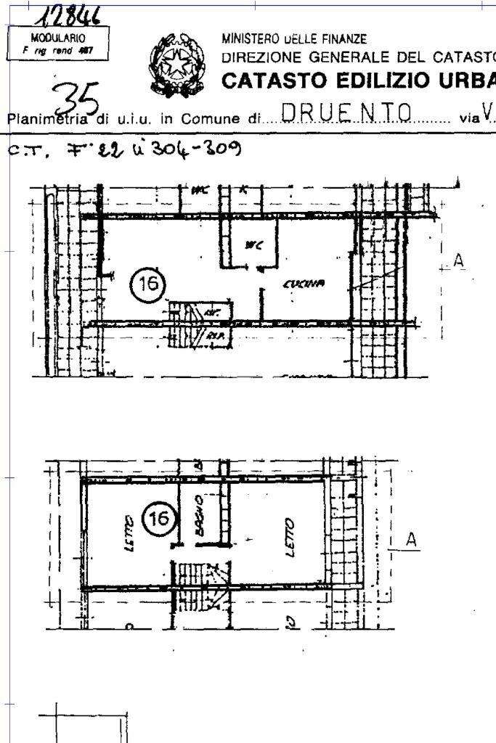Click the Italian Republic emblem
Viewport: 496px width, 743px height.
click(178, 65)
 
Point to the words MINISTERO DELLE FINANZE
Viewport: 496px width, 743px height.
click(294, 38)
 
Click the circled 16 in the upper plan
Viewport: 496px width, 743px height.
click(147, 284)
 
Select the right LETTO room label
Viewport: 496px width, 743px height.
click(289, 537)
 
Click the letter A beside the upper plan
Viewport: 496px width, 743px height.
click(458, 260)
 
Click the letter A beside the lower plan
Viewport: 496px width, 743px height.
click(411, 540)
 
